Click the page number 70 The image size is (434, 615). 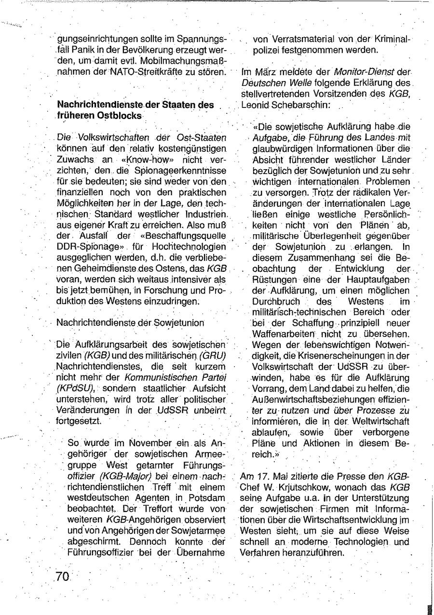[x=63, y=576]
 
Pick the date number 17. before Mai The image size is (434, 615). [x=264, y=475]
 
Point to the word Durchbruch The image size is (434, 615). [x=274, y=301]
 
